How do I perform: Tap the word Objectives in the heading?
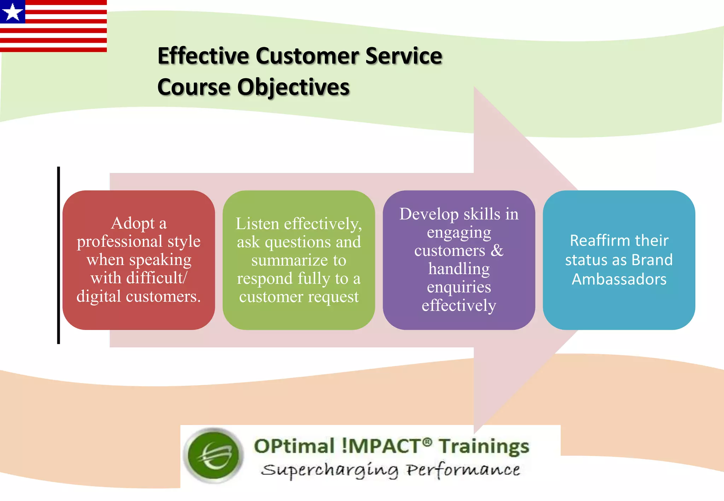coord(293,87)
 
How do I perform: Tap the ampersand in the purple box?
coord(497,250)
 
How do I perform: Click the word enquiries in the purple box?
coord(459,287)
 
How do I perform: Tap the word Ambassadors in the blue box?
coord(619,279)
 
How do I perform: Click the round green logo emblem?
coord(214,455)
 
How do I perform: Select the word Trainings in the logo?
coord(484,446)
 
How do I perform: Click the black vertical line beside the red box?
coord(59,255)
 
